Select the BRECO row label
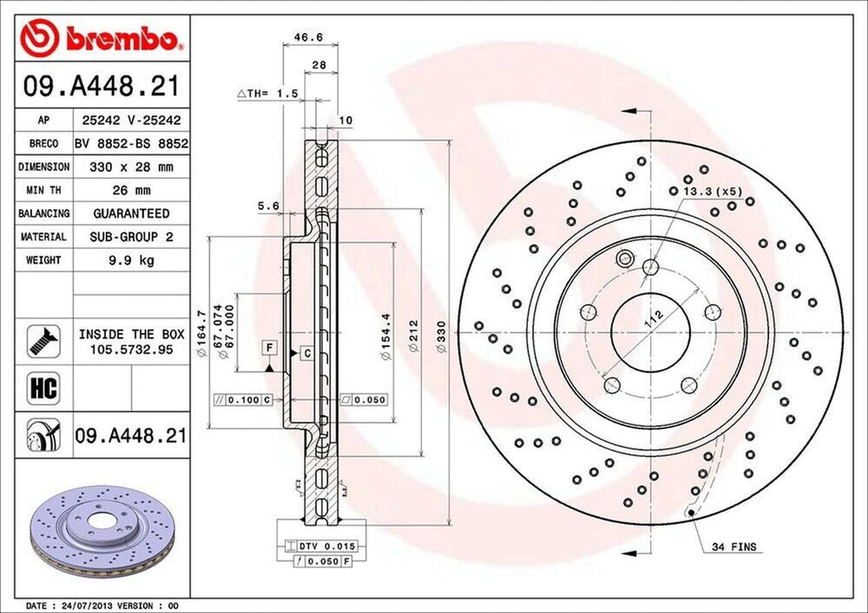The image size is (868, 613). pyautogui.click(x=43, y=145)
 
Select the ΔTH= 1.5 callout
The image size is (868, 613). pyautogui.click(x=267, y=94)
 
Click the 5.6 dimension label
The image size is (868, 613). pyautogui.click(x=269, y=205)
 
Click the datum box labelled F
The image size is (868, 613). pyautogui.click(x=269, y=348)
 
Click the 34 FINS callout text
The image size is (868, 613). pyautogui.click(x=733, y=548)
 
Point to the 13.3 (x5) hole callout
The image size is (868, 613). pyautogui.click(x=715, y=191)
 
